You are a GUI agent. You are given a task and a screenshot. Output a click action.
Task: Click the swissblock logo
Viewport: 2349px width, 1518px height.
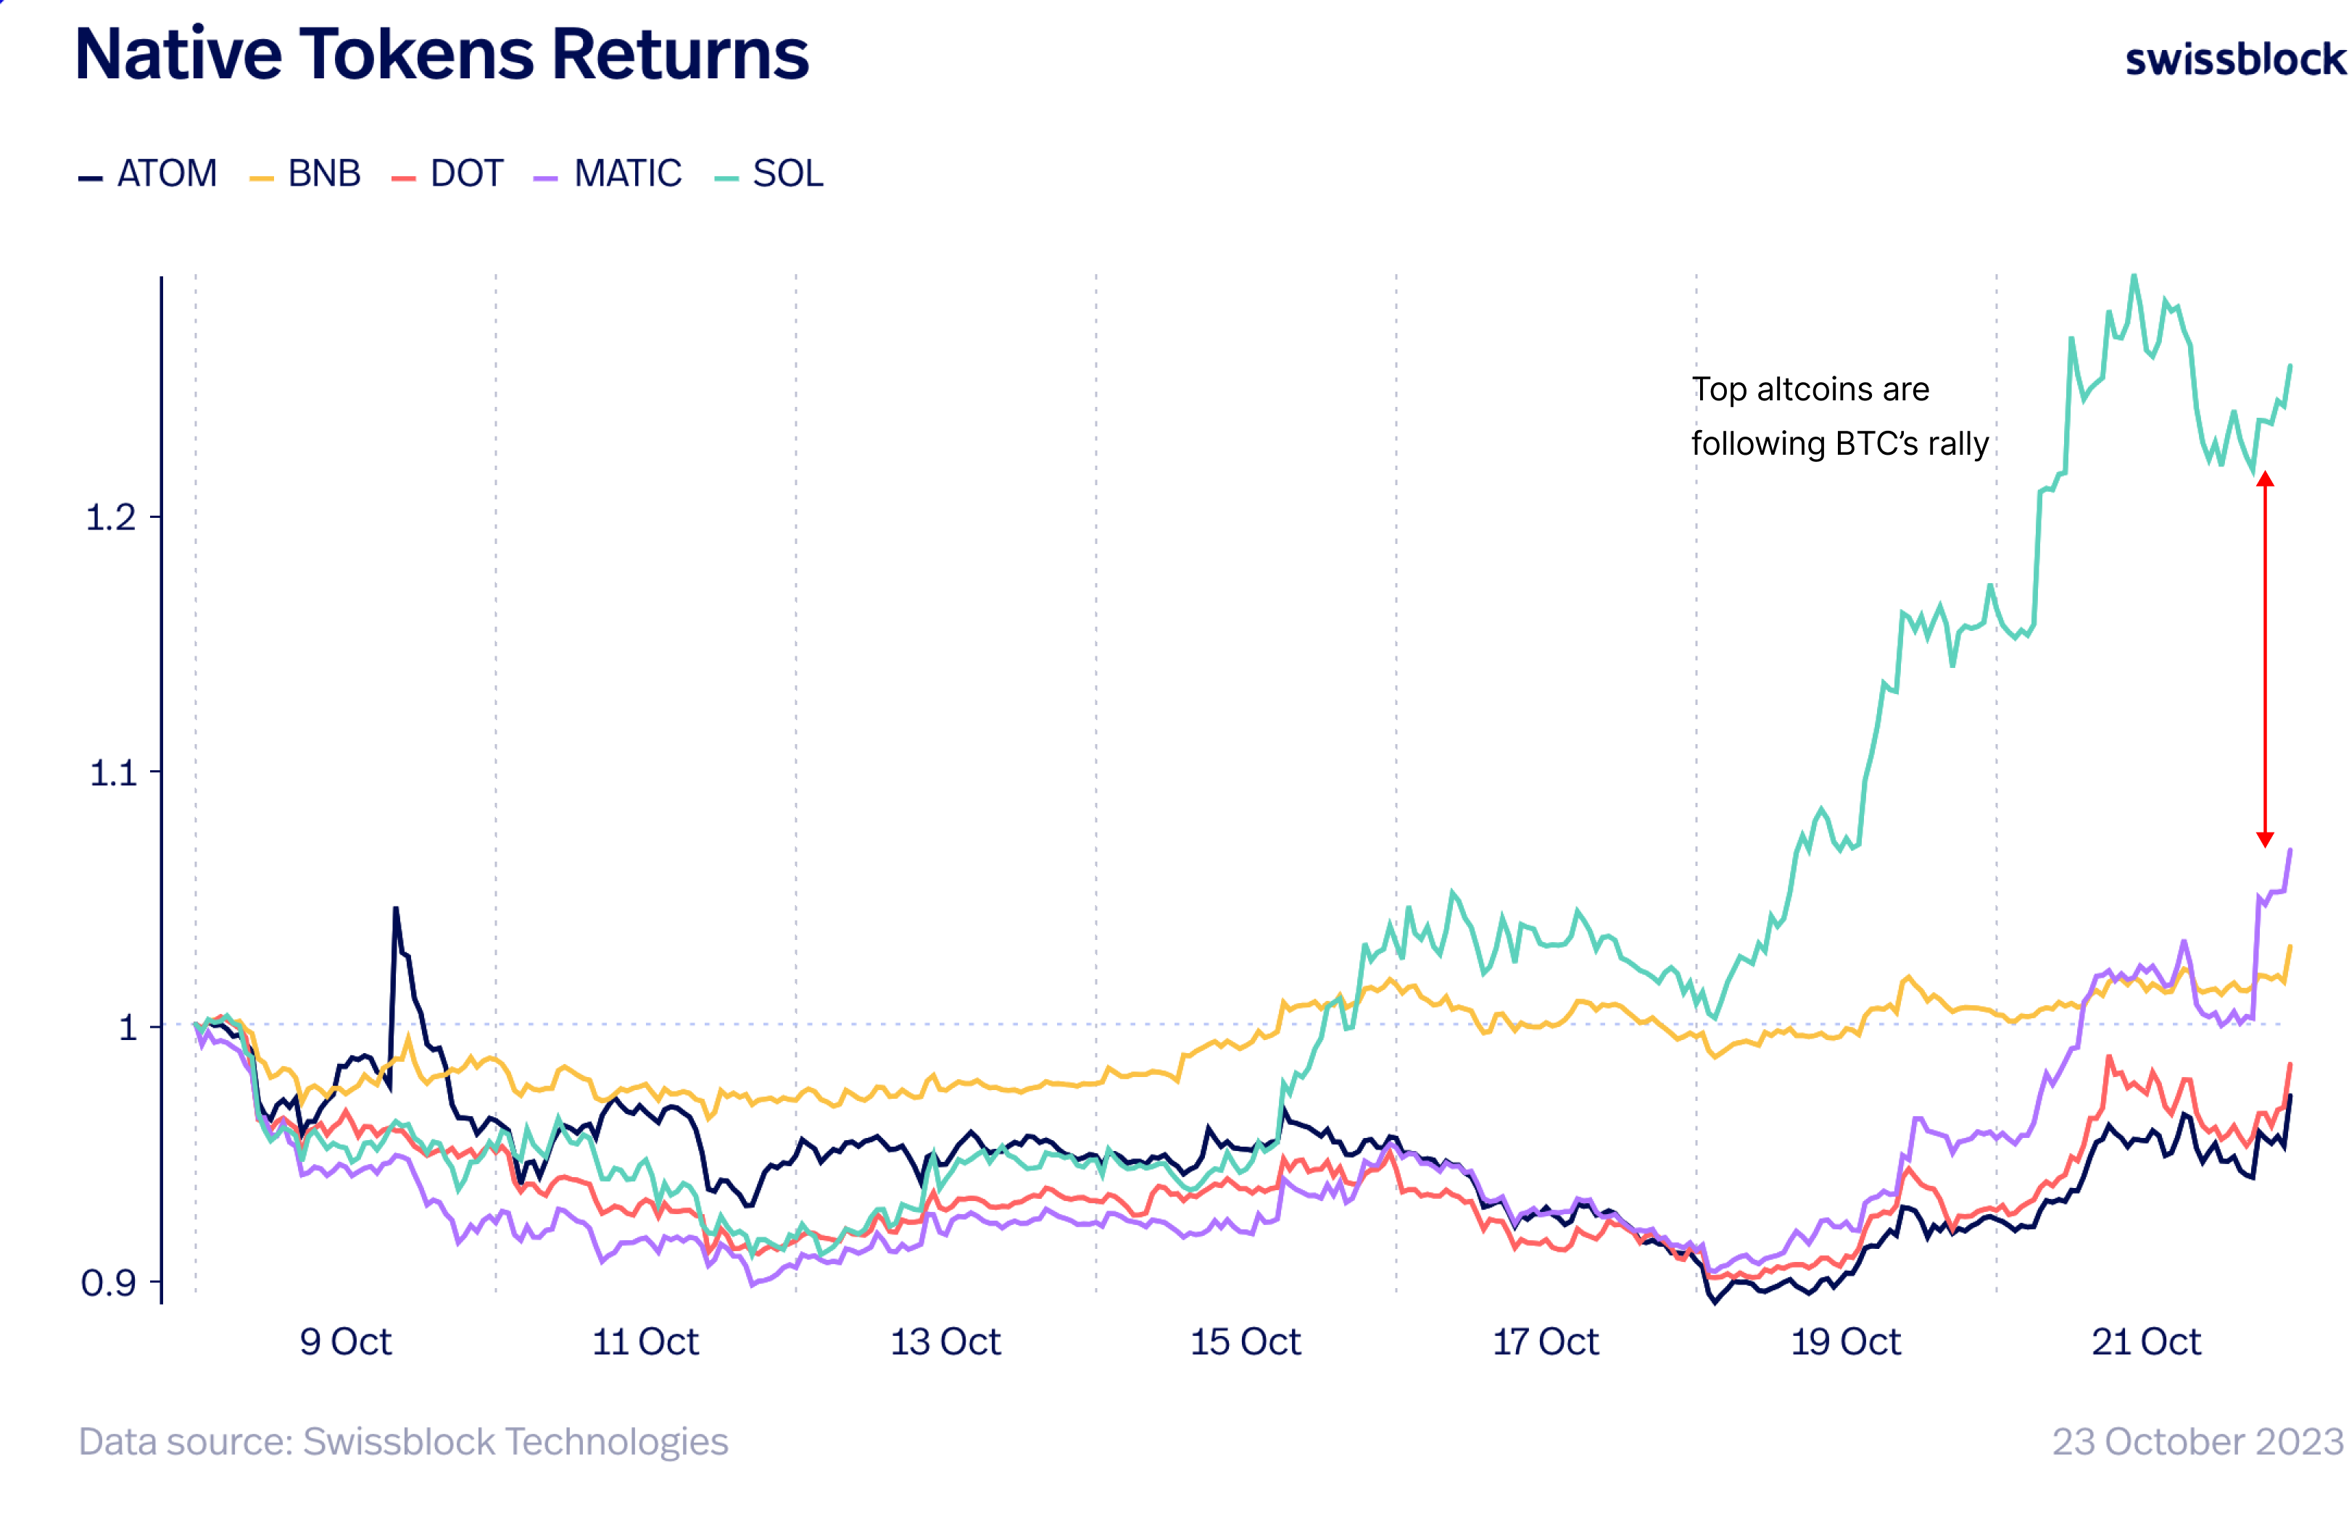[x=2234, y=59]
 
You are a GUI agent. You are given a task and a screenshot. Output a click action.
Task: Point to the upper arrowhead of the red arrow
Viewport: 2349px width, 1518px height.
[x=2264, y=479]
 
